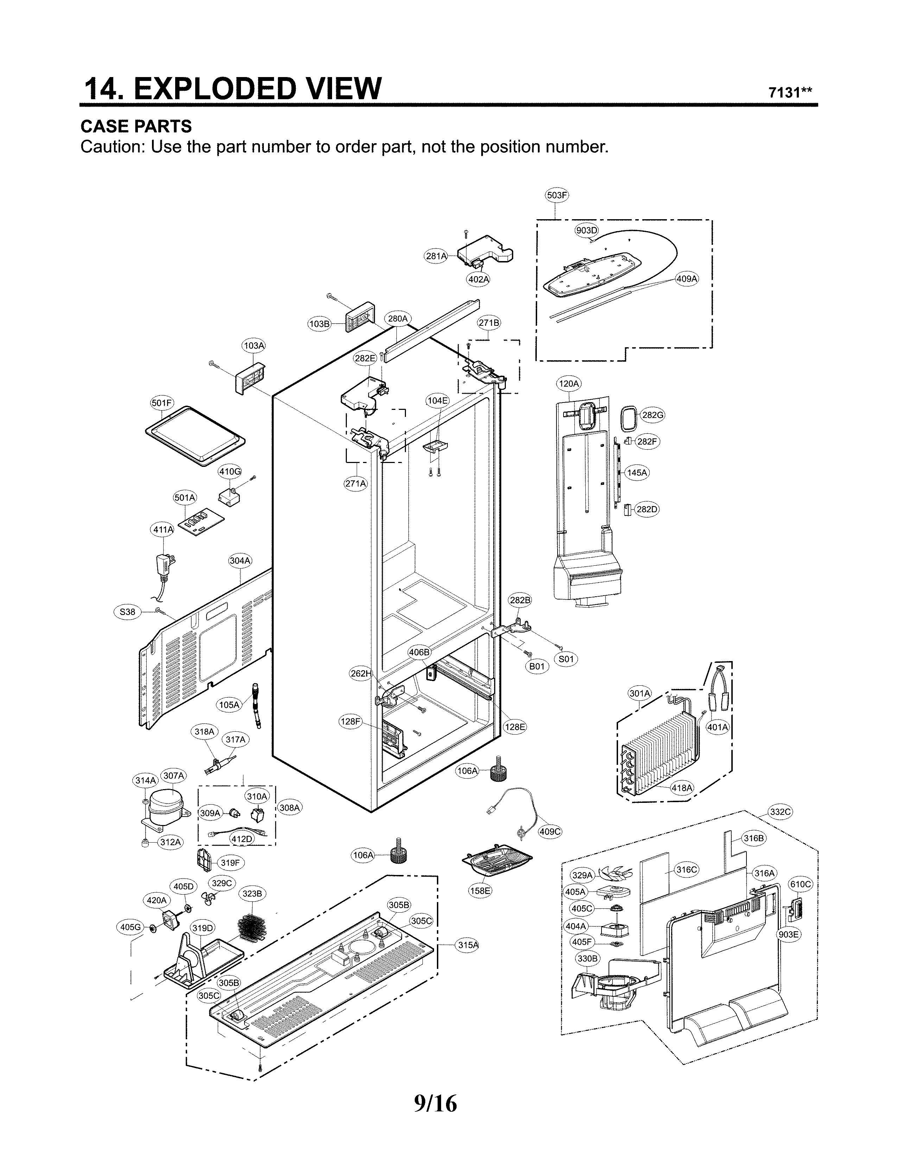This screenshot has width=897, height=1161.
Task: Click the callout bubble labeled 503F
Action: (556, 195)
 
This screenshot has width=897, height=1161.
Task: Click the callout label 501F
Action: (162, 403)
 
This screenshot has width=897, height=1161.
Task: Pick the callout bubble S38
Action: (128, 612)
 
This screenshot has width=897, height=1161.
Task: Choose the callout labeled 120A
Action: (568, 383)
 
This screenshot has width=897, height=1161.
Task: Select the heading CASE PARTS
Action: (136, 127)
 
